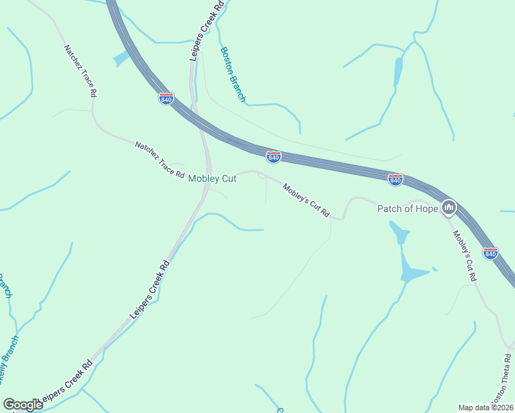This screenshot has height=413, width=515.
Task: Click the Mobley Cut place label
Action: point(213,178)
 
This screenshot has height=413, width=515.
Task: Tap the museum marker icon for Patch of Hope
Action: point(449,206)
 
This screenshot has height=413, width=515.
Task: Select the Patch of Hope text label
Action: point(407,208)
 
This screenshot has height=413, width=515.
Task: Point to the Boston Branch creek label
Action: point(233,74)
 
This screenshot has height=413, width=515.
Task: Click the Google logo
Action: point(23,405)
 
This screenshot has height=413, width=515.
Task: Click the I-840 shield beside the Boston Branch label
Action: point(166,99)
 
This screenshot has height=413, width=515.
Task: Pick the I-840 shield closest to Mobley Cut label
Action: point(273,158)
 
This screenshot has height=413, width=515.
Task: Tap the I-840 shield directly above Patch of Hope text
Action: point(395,180)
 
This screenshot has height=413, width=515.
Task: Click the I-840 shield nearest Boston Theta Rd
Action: point(490,253)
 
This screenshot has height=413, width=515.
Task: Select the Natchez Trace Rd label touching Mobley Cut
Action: point(160,160)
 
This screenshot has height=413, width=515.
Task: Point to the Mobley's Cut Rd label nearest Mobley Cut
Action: point(306,200)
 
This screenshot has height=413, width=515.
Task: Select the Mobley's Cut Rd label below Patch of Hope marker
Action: point(464,255)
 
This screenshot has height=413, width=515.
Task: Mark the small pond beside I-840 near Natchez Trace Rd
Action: point(121,59)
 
